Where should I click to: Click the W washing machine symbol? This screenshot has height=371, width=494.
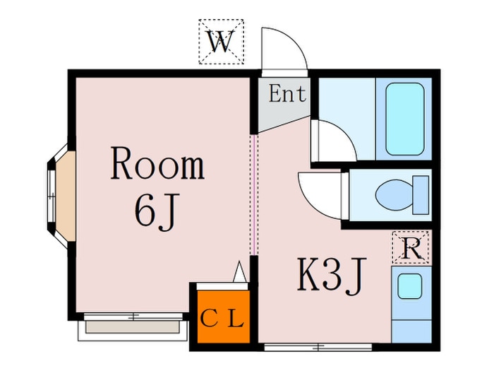pos(220,42)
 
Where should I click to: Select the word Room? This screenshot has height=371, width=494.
pos(157,165)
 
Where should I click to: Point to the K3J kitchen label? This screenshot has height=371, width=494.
pos(332,276)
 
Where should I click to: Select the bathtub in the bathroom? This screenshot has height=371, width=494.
pos(404,120)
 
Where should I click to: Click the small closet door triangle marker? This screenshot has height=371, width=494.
pos(240,271)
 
